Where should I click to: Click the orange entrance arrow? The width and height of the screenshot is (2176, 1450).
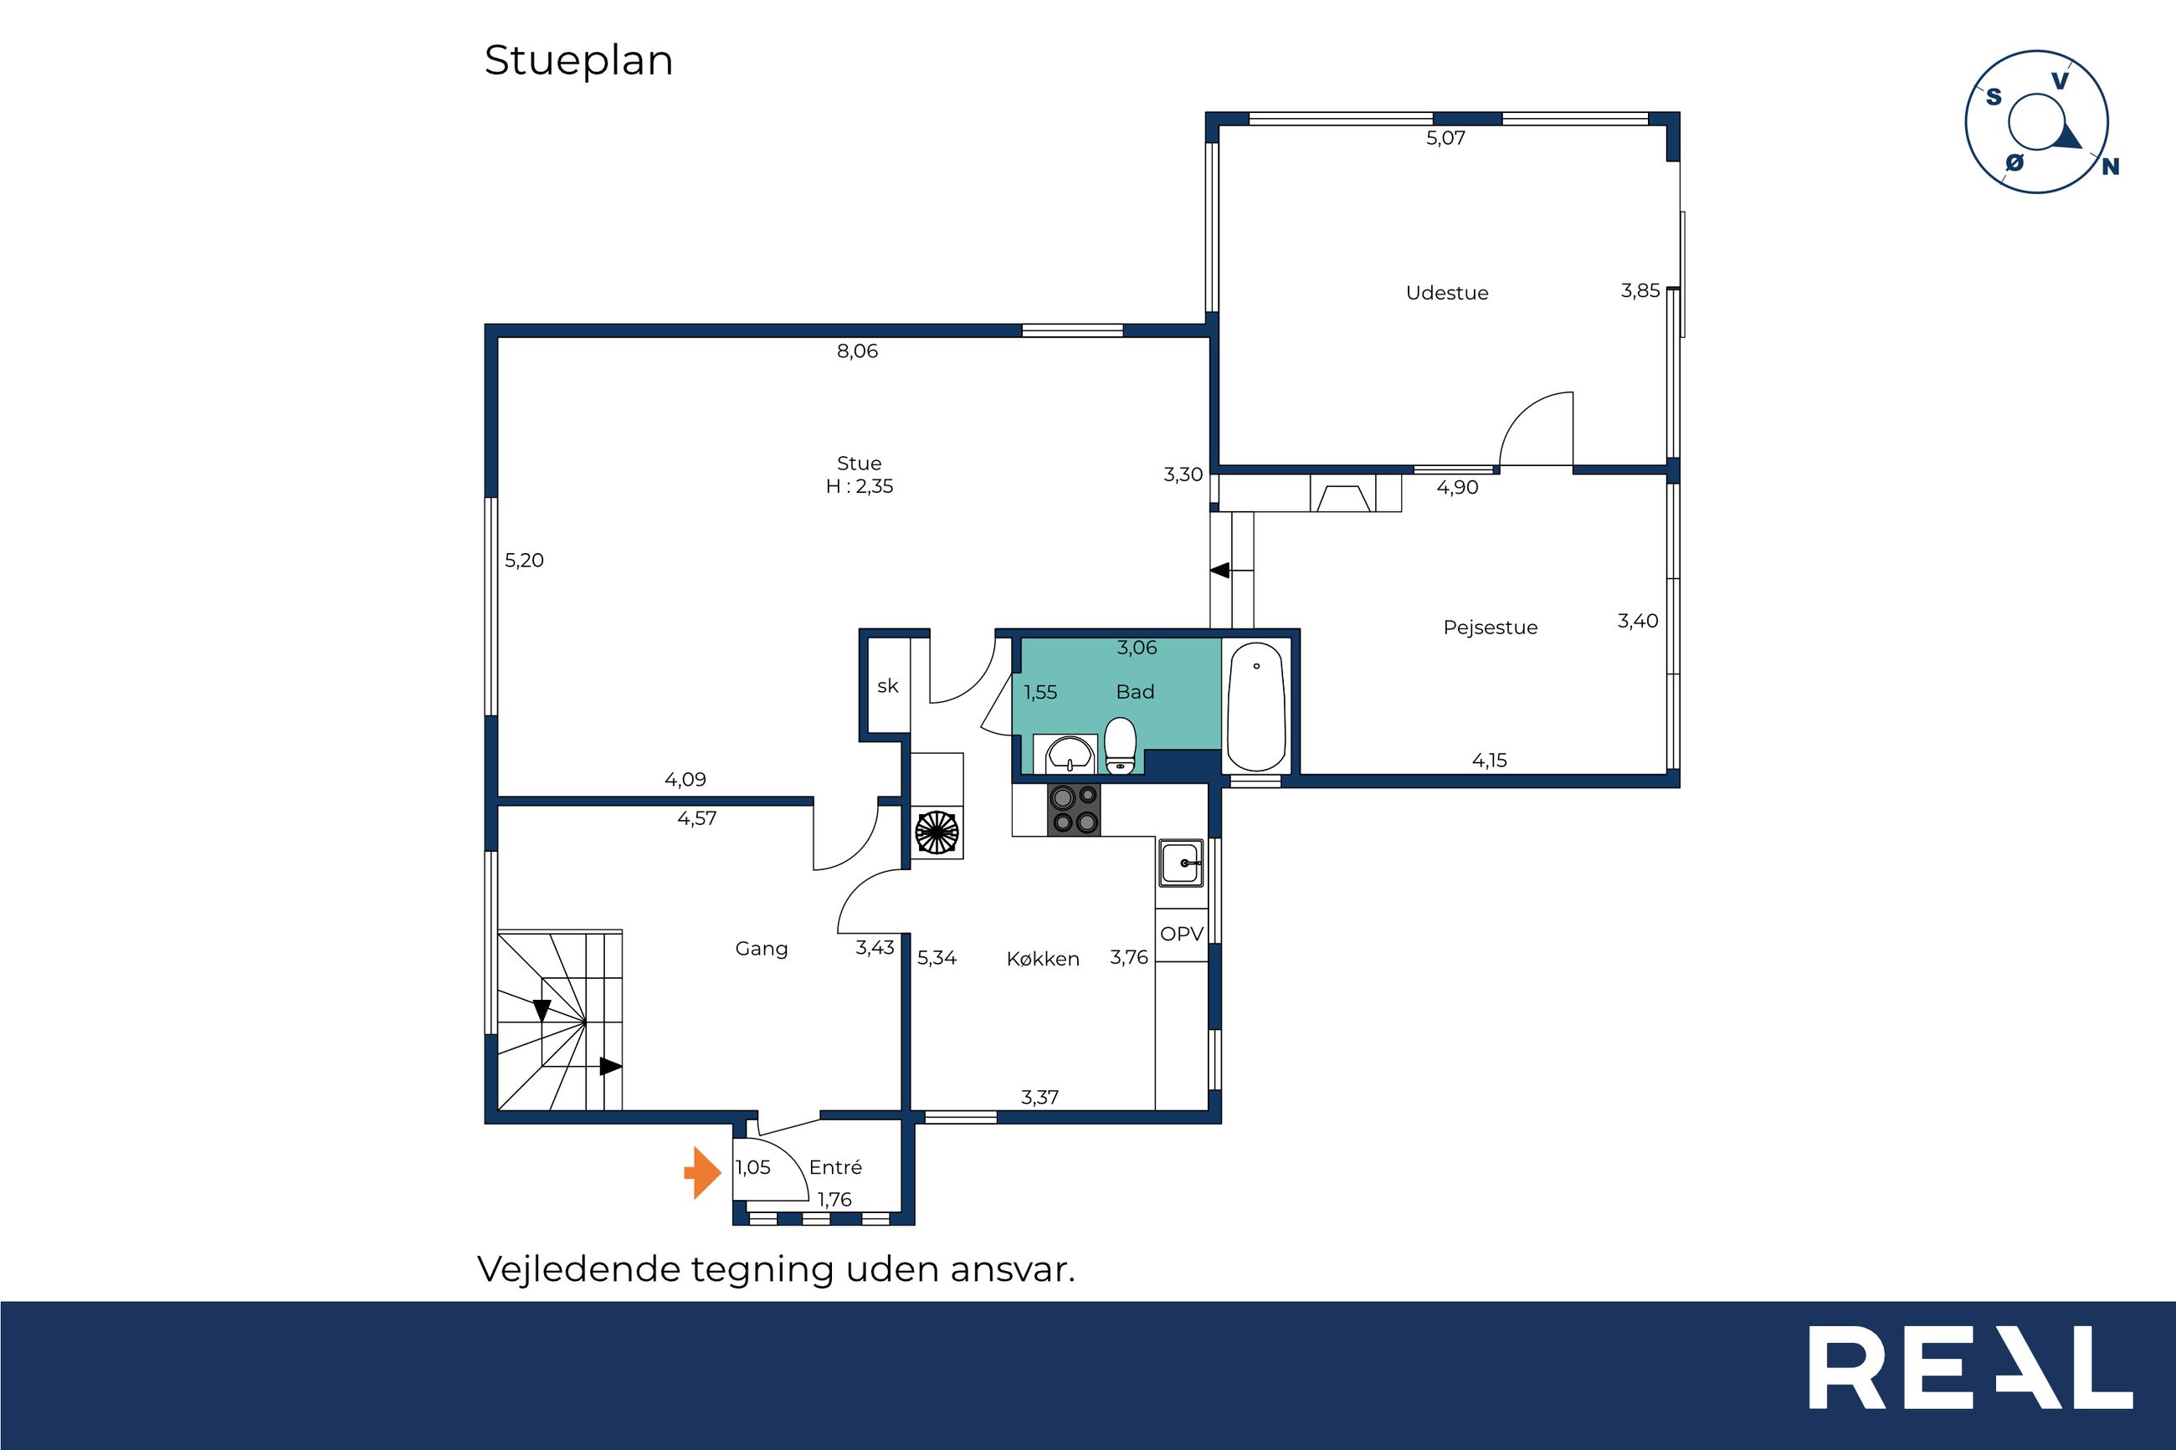coord(703,1172)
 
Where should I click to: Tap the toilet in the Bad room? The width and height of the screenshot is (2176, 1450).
coord(1120,745)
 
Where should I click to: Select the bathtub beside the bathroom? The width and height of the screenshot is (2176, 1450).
coord(1256,706)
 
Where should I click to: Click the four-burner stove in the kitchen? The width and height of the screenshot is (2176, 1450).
coord(1075,809)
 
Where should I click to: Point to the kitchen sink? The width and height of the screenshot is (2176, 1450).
coord(1181,863)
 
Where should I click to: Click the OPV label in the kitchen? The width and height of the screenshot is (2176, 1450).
coord(1182,934)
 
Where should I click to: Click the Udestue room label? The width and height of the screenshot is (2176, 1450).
coord(1446,293)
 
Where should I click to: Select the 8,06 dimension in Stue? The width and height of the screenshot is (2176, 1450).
coord(857,351)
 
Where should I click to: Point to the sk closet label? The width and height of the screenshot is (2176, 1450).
coord(888,686)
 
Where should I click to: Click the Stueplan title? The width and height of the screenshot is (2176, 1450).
coord(578,61)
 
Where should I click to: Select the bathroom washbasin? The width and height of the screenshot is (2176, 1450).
coord(1071,755)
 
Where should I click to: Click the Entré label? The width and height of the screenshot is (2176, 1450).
coord(835,1167)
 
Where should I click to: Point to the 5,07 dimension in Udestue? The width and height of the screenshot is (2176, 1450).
coord(1445,139)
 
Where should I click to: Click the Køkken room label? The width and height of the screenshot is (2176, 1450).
coord(1042,959)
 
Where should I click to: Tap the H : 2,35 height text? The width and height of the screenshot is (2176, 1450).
coord(860,486)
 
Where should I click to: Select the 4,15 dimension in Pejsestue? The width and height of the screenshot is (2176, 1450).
coord(1489,761)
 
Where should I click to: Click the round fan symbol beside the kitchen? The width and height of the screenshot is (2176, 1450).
coord(937,832)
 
